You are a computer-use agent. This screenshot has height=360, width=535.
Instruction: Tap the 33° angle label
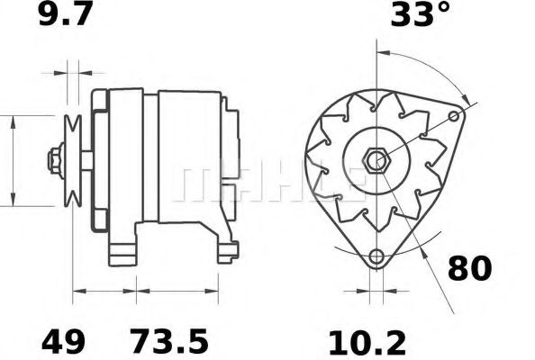pyautogui.click(x=421, y=17)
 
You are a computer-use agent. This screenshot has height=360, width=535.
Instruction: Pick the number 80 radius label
pyautogui.click(x=470, y=269)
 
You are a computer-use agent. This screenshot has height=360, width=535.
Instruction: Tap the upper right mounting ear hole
pyautogui.click(x=462, y=116)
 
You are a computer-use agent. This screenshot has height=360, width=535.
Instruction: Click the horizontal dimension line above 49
pyautogui.click(x=104, y=292)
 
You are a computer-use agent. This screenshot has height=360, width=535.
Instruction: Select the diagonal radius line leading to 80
pyautogui.click(x=423, y=225)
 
